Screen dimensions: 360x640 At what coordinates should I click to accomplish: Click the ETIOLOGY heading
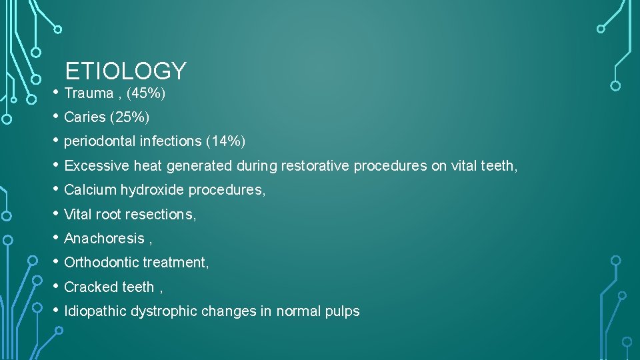pyautogui.click(x=125, y=71)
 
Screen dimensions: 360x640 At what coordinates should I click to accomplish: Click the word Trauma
pyautogui.click(x=89, y=93)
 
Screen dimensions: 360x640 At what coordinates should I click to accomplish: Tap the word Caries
pyautogui.click(x=85, y=117)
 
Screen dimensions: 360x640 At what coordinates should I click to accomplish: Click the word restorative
pyautogui.click(x=315, y=166)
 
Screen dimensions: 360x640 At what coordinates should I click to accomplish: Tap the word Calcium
pyautogui.click(x=90, y=190)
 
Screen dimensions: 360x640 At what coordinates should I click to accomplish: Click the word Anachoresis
pyautogui.click(x=104, y=239)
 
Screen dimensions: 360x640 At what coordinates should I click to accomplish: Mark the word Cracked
pyautogui.click(x=89, y=287)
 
